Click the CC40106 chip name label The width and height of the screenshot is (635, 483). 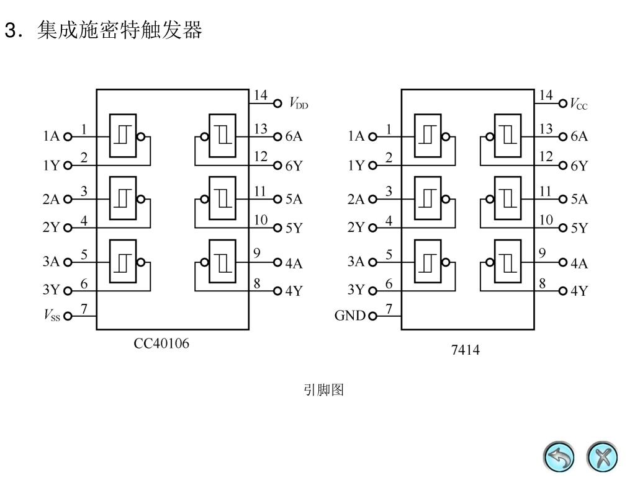(x=161, y=343)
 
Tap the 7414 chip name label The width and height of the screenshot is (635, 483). (x=465, y=350)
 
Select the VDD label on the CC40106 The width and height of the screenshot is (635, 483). (x=299, y=104)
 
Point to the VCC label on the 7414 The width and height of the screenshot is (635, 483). (x=579, y=104)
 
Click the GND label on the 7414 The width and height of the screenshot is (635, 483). (x=350, y=316)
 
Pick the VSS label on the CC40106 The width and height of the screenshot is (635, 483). (x=52, y=316)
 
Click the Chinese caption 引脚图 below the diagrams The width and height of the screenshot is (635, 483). (x=323, y=390)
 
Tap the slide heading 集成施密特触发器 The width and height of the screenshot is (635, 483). (x=120, y=30)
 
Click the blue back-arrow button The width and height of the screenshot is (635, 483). (x=559, y=458)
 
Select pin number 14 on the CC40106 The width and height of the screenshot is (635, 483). (x=260, y=95)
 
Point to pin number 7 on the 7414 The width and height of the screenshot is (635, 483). (x=389, y=308)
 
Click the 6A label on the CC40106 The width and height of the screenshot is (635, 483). (x=294, y=137)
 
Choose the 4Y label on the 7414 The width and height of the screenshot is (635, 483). (x=579, y=291)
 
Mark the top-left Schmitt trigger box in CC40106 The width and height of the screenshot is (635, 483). (x=123, y=136)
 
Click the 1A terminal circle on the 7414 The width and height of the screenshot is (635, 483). (x=372, y=137)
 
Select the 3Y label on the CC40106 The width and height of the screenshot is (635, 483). (x=51, y=290)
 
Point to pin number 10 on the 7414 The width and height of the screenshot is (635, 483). (x=546, y=219)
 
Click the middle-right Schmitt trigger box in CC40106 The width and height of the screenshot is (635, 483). (x=222, y=198)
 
